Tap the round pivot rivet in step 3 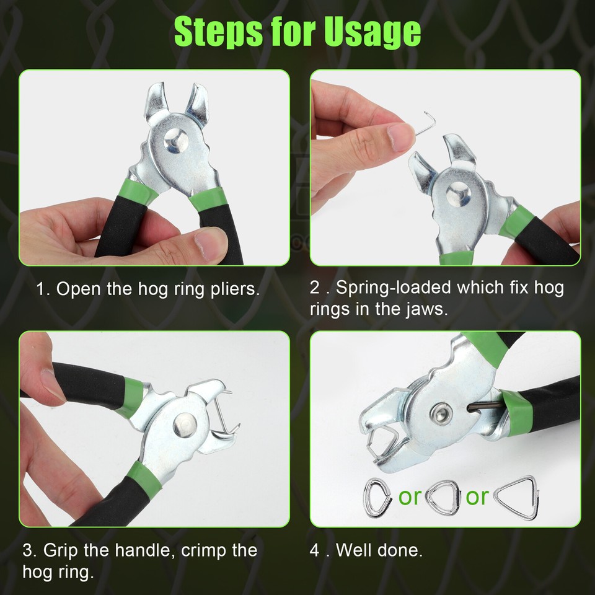[185, 425]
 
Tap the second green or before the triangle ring [477, 496]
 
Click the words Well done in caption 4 [379, 550]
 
